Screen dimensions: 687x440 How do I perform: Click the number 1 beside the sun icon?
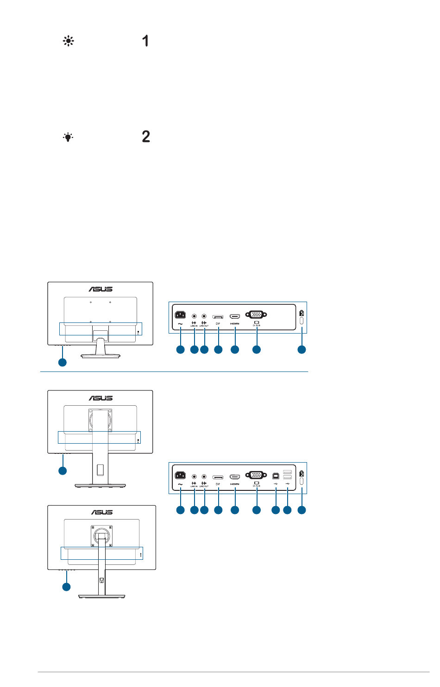pyautogui.click(x=145, y=41)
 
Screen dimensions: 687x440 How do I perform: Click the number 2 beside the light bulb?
pyautogui.click(x=146, y=136)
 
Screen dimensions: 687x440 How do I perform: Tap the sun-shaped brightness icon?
pyautogui.click(x=69, y=41)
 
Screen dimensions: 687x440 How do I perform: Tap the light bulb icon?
pyautogui.click(x=68, y=137)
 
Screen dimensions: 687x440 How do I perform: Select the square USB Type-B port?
pyautogui.click(x=276, y=476)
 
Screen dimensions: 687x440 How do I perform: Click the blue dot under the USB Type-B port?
pyautogui.click(x=276, y=510)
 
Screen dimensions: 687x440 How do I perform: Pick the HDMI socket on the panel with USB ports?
pyautogui.click(x=235, y=476)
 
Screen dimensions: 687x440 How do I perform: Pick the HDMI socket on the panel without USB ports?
pyautogui.click(x=235, y=316)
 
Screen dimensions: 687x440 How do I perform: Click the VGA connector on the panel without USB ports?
pyautogui.click(x=256, y=315)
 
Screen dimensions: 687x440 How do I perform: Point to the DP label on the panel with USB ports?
pyautogui.click(x=218, y=484)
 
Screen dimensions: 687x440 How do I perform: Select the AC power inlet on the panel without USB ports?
pyautogui.click(x=180, y=315)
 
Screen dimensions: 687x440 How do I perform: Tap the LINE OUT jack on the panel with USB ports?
pyautogui.click(x=204, y=476)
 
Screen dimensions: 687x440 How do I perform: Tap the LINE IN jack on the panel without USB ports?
pyautogui.click(x=194, y=316)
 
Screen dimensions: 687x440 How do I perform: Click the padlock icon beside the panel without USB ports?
pyautogui.click(x=302, y=313)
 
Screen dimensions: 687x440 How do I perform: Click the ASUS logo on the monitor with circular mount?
pyautogui.click(x=101, y=512)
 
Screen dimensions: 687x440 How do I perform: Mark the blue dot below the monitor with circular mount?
pyautogui.click(x=67, y=587)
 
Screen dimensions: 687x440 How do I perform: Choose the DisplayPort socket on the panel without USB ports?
pyautogui.click(x=218, y=316)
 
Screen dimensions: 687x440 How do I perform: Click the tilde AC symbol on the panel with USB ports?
pyautogui.click(x=180, y=484)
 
